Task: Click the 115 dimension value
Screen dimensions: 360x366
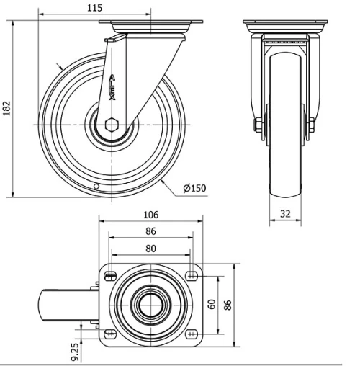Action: click(x=94, y=8)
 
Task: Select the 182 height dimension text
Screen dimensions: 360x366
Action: click(x=7, y=108)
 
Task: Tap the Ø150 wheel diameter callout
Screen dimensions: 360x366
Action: click(x=194, y=188)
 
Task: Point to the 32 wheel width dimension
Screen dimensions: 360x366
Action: click(x=285, y=214)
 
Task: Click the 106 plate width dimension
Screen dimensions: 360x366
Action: click(x=151, y=215)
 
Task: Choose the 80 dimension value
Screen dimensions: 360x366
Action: click(x=150, y=249)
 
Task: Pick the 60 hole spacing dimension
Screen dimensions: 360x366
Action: click(x=212, y=304)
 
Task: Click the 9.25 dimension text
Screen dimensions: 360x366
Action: click(x=75, y=352)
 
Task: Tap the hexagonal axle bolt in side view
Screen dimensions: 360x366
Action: click(x=112, y=125)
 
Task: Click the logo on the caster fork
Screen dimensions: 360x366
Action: click(x=112, y=88)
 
